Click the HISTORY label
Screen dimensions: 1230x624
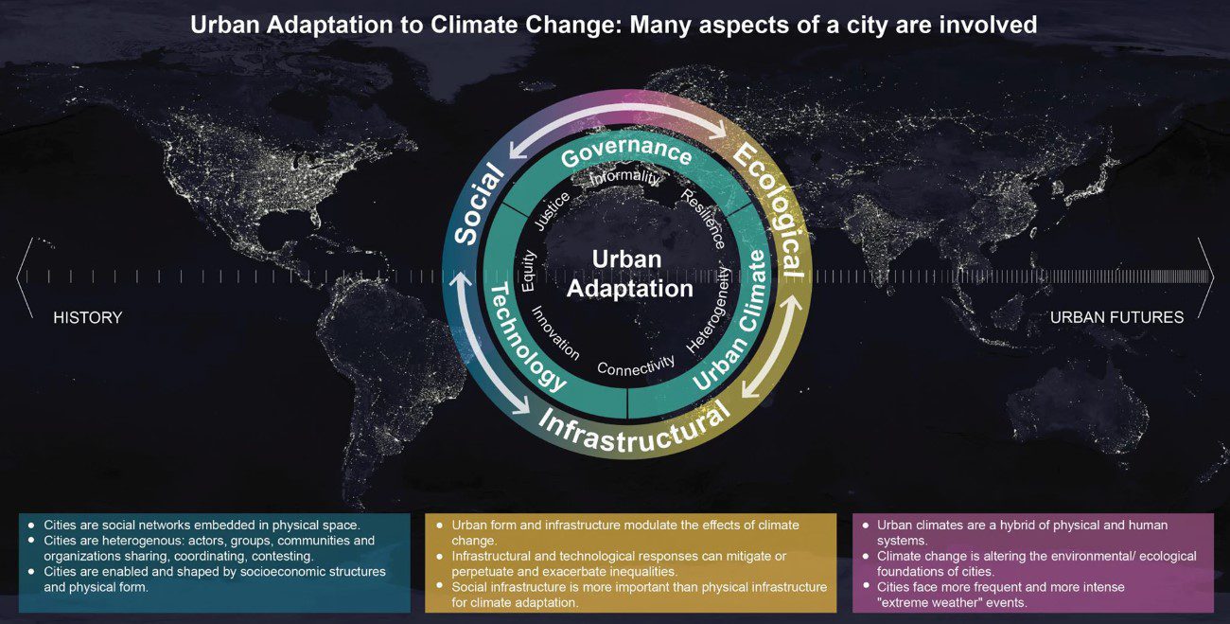[87, 317]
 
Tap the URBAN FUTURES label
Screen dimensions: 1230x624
[1116, 317]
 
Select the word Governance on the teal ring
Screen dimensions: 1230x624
[626, 152]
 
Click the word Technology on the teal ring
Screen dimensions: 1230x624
[524, 338]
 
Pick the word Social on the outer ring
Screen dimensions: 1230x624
[480, 204]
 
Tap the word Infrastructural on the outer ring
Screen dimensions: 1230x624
[634, 431]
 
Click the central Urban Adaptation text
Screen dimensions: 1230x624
[629, 274]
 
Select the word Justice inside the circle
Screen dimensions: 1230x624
[553, 211]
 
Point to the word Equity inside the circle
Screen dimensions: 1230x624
[528, 271]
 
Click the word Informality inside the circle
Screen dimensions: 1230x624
[624, 176]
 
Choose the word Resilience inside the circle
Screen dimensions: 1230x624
[703, 219]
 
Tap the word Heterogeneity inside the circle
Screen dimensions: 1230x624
[709, 311]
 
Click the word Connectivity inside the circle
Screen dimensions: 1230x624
[636, 365]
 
